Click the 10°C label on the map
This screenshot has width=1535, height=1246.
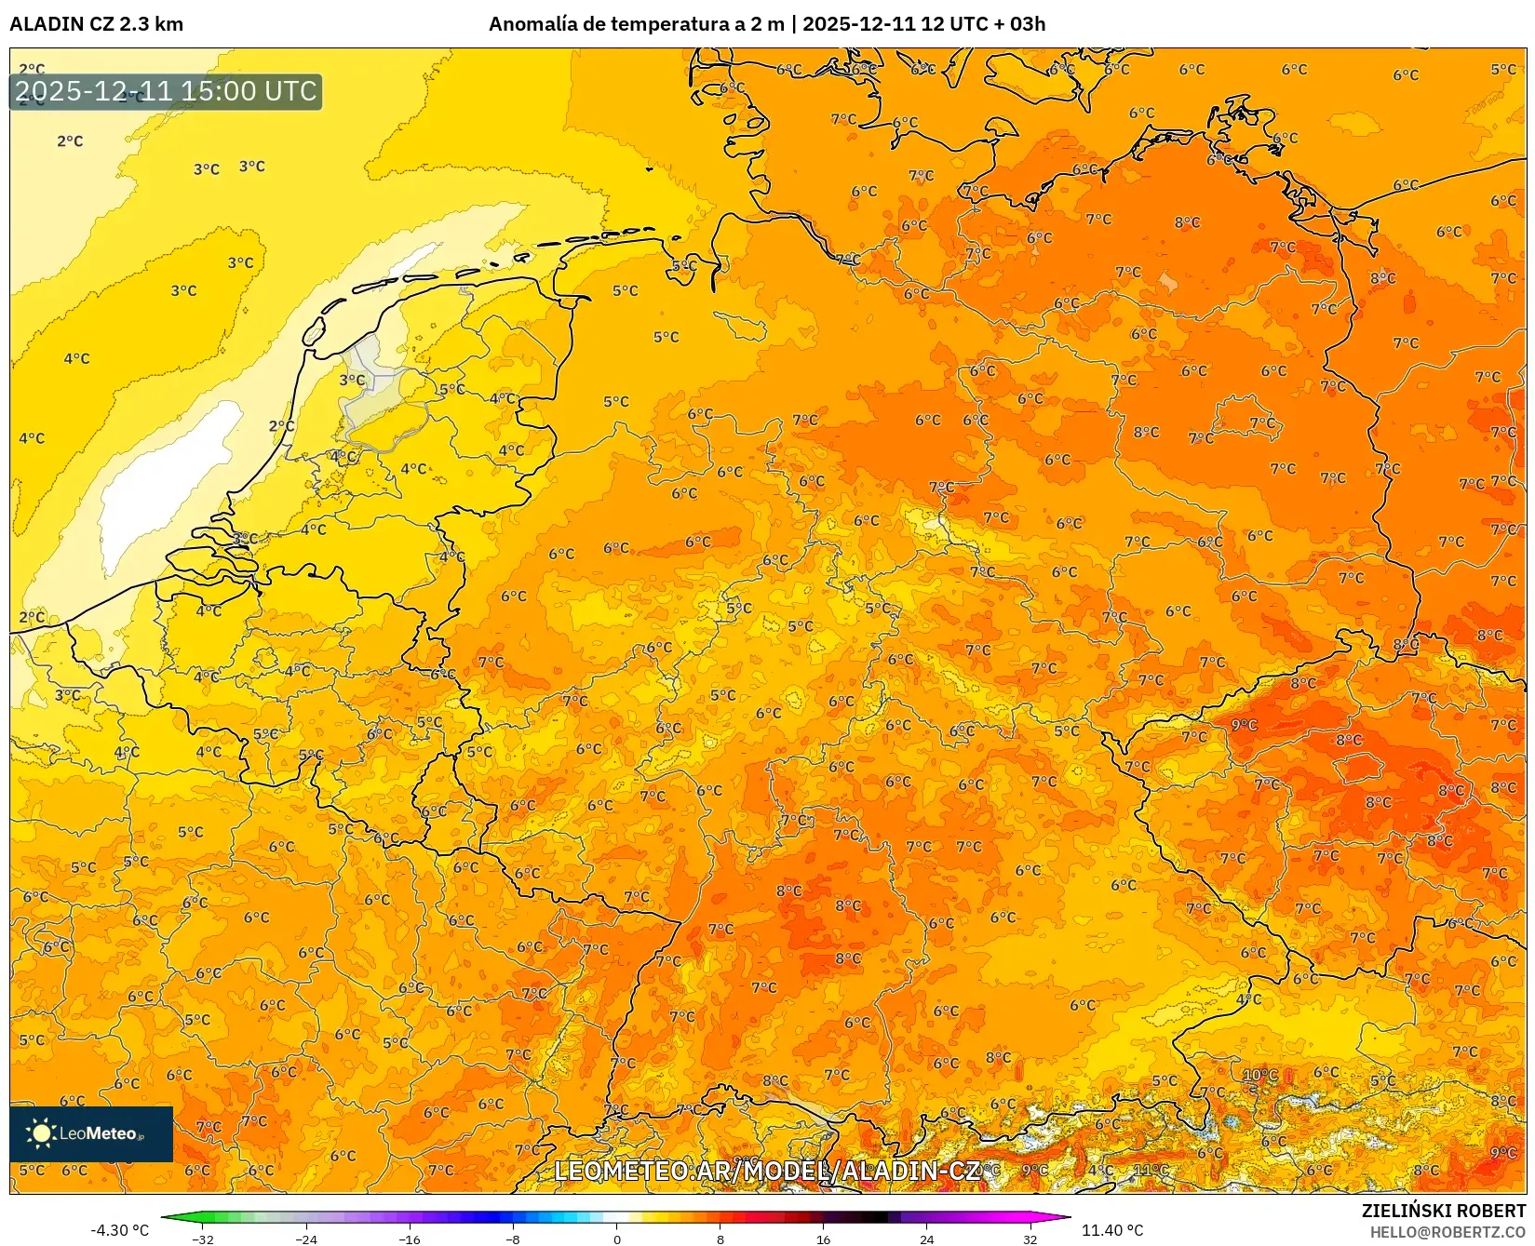1260,1075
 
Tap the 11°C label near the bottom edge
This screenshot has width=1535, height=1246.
1151,1170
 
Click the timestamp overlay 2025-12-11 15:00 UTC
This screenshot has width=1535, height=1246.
166,91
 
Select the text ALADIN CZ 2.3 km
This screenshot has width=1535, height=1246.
96,24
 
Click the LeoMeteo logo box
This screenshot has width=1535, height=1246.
91,1133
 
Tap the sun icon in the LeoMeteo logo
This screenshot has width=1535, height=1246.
41,1133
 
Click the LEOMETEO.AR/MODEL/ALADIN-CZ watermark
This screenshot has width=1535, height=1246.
767,1171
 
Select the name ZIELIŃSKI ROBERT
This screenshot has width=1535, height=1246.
1443,1211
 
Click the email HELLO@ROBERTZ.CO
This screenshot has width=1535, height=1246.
1447,1232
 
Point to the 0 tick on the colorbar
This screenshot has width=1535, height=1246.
617,1239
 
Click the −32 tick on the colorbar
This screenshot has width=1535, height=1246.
203,1239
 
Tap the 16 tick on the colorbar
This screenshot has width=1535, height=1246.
823,1239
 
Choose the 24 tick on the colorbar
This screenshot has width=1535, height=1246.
926,1239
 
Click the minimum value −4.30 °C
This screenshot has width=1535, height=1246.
119,1230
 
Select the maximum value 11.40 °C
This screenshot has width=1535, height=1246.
1112,1230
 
